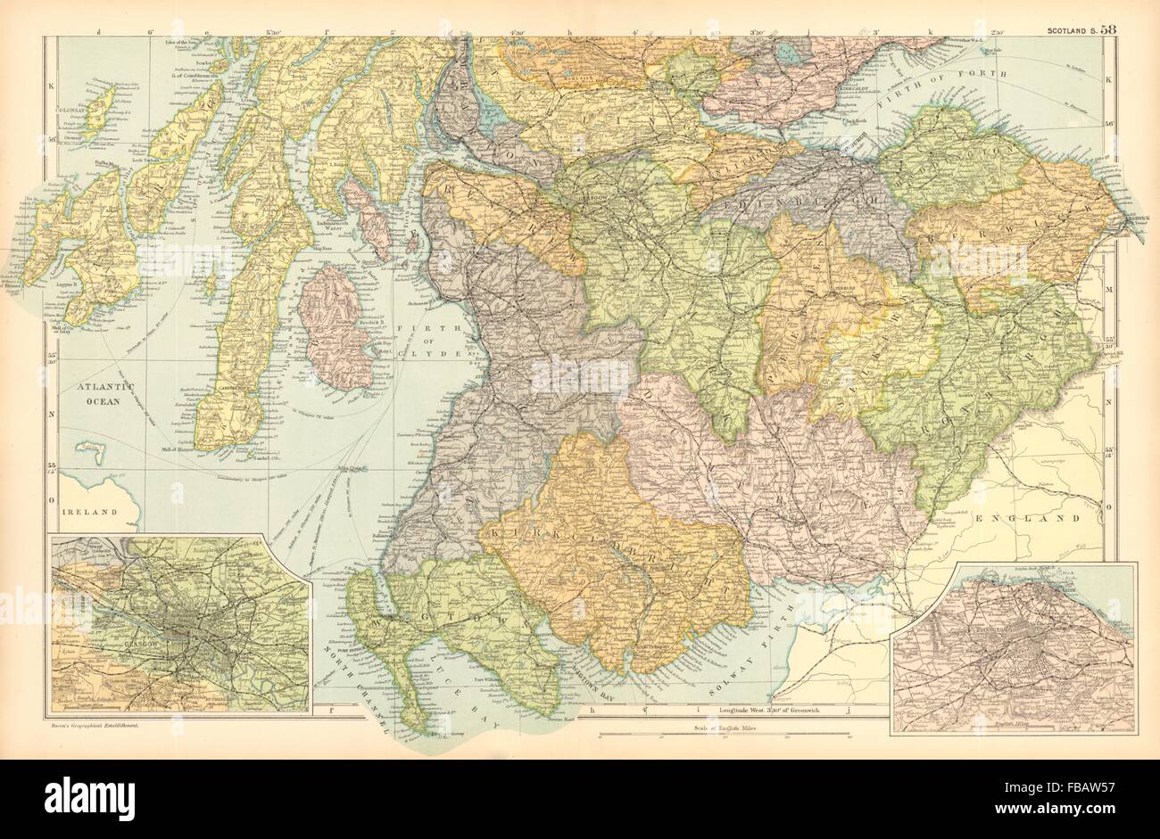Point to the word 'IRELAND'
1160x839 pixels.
pyautogui.click(x=90, y=512)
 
